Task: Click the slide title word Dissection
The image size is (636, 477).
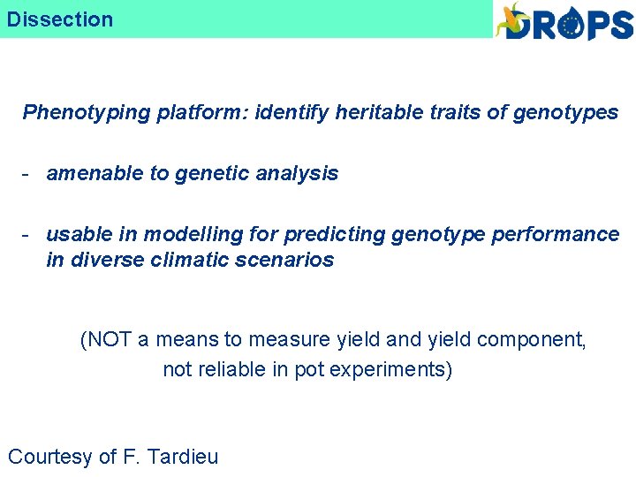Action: click(x=60, y=19)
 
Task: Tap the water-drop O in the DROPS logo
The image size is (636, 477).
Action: click(x=573, y=25)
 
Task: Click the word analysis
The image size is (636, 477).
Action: click(x=298, y=174)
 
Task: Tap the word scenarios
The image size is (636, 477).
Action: click(x=290, y=261)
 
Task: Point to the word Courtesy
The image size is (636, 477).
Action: click(x=50, y=457)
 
